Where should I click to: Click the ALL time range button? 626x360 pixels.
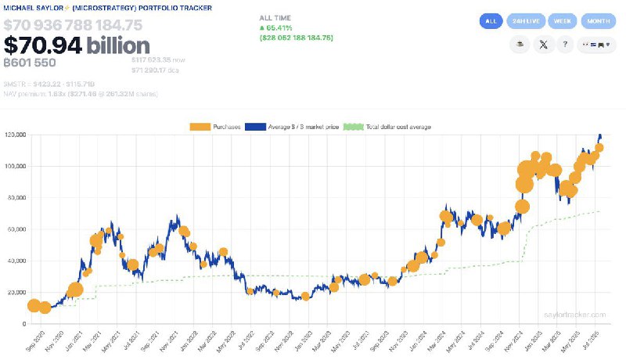pos(491,21)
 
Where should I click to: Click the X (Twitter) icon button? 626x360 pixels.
pos(544,45)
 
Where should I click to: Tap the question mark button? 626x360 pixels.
pos(565,45)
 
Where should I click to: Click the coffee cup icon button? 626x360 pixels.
pos(519,45)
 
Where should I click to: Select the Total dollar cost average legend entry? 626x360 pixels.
pos(388,127)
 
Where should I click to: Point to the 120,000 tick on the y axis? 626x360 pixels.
pos(16,135)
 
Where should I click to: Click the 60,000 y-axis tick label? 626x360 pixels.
pos(16,229)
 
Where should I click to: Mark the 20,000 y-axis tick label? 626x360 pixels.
pos(16,293)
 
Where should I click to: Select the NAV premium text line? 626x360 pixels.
pos(80,94)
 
